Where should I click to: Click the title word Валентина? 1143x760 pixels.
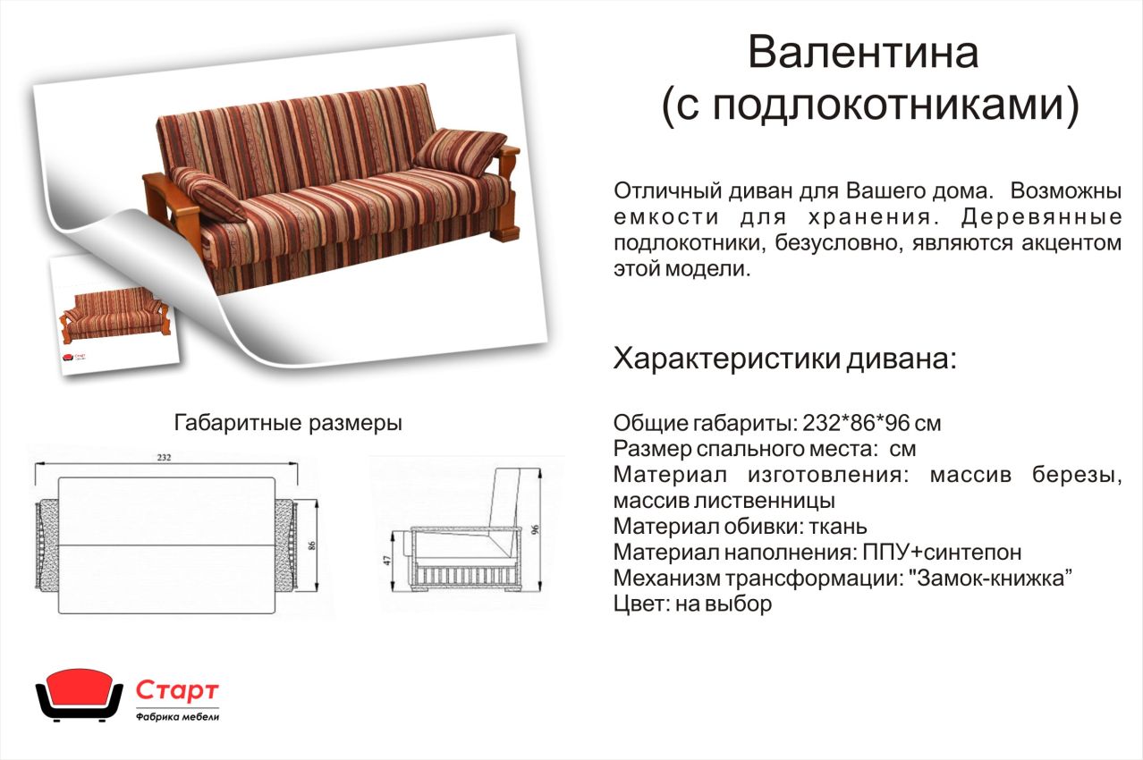point(863,53)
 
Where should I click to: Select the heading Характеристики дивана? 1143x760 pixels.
point(784,359)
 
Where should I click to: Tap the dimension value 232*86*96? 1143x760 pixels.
point(856,423)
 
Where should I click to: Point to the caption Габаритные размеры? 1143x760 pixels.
point(288,423)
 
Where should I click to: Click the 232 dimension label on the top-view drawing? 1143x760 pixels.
point(164,458)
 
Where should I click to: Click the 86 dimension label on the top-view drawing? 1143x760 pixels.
point(312,545)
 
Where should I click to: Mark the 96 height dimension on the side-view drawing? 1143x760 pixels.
point(535,529)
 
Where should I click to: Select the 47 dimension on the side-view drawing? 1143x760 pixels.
point(386,560)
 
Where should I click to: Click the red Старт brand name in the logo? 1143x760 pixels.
point(177,690)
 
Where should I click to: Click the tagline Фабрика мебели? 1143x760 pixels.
point(177,717)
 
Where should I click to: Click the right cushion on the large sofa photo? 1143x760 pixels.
point(459,152)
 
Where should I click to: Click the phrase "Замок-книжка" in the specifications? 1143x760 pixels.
point(990,578)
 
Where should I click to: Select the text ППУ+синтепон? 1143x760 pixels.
point(942,553)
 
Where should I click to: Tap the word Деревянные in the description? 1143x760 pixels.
point(1041,216)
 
